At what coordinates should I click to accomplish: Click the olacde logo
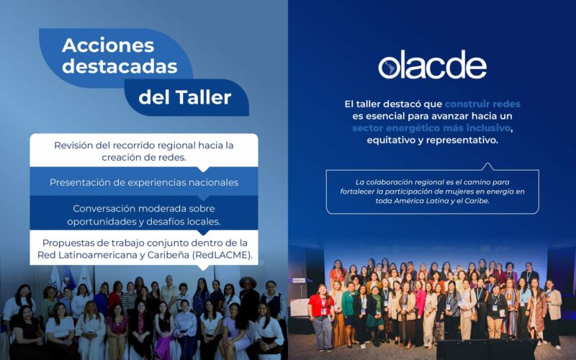(432, 66)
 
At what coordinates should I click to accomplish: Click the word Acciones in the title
(108, 45)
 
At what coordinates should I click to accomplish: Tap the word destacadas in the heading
(120, 66)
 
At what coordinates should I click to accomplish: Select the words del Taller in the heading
(185, 96)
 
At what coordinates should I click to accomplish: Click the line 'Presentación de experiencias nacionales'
(144, 182)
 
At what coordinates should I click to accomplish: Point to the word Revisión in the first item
(76, 145)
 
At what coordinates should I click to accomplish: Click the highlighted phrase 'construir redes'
(482, 104)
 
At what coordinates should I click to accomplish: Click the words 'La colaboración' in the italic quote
(379, 181)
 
